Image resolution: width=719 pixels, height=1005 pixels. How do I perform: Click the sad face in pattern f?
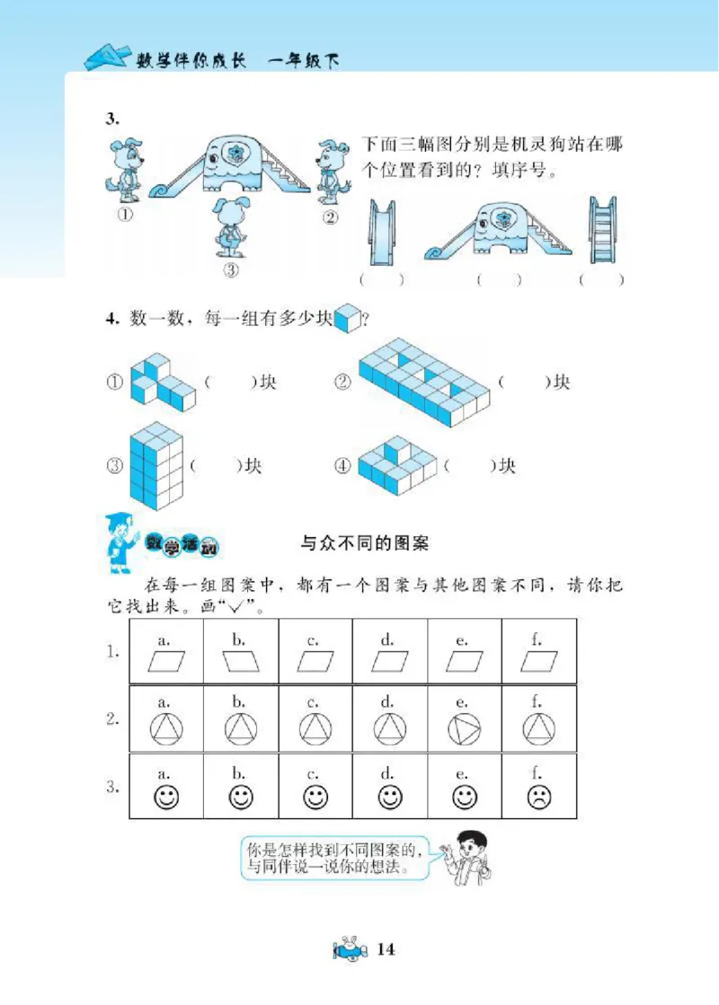pyautogui.click(x=538, y=797)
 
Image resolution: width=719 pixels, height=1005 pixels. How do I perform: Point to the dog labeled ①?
pyautogui.click(x=125, y=171)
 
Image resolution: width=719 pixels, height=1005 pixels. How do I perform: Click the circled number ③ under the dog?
pyautogui.click(x=230, y=269)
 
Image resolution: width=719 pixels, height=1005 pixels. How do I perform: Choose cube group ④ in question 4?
pyautogui.click(x=395, y=464)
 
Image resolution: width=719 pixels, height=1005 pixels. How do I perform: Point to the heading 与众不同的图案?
pyautogui.click(x=364, y=543)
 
